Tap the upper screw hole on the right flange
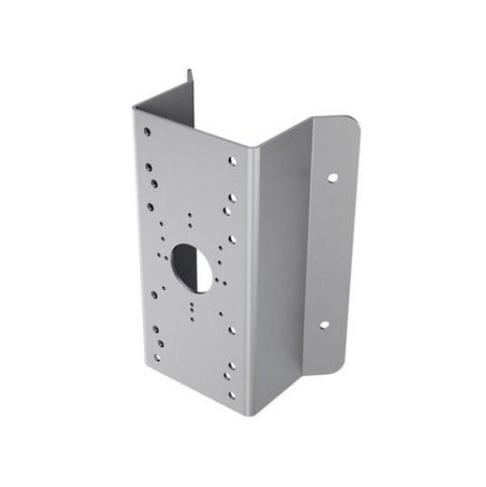(332, 178)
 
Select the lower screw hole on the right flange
(324, 325)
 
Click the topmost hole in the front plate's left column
(147, 131)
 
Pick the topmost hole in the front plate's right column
(231, 161)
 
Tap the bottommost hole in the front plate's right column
(231, 395)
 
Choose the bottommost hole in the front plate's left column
(157, 359)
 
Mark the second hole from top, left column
(148, 166)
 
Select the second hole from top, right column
(231, 198)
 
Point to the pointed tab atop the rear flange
(190, 77)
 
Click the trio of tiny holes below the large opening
(192, 309)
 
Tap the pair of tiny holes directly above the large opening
(190, 220)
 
